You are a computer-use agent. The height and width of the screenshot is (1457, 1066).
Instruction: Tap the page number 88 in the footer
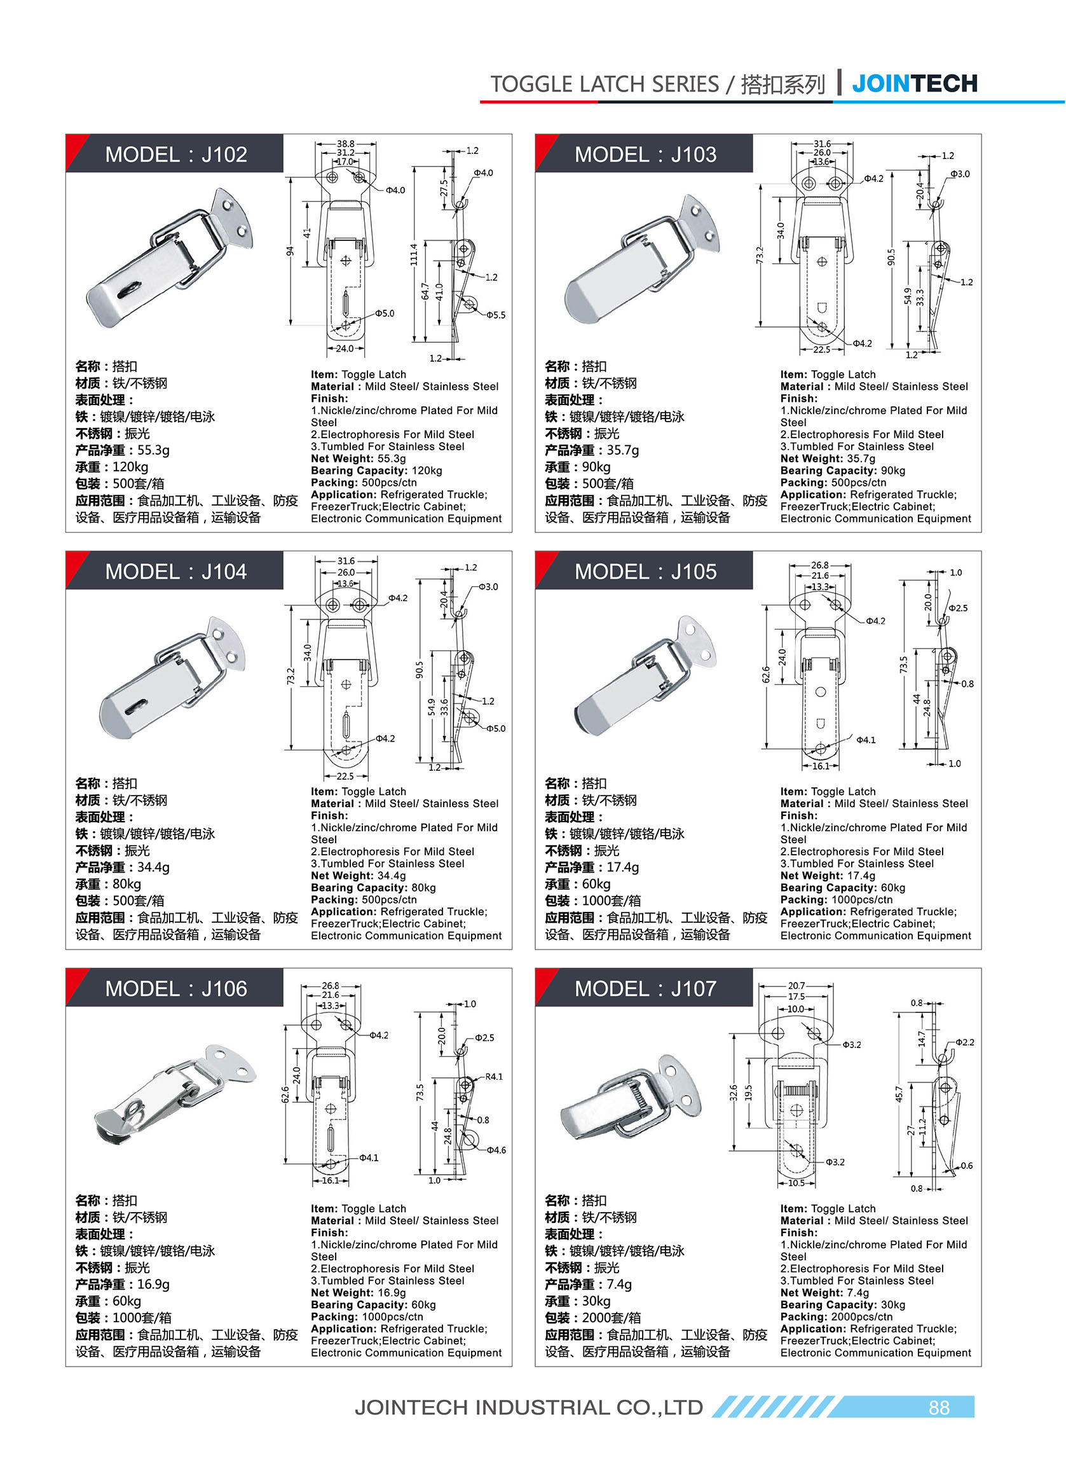(938, 1407)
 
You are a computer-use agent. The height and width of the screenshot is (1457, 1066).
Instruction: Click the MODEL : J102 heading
(175, 155)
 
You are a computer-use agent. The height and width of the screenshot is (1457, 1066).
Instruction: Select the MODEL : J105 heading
(645, 571)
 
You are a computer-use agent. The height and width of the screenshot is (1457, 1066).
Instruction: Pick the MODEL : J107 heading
(645, 988)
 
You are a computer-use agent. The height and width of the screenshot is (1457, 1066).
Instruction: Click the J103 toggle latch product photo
(643, 261)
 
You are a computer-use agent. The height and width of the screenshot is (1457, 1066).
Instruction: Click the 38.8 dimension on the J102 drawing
(345, 144)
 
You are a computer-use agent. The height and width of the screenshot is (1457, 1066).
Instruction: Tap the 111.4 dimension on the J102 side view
(414, 254)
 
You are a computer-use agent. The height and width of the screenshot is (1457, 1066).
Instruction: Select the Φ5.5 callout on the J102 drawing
(496, 315)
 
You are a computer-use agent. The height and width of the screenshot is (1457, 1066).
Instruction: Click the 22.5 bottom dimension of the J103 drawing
(821, 349)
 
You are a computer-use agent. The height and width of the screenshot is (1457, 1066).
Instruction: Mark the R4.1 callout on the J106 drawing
(494, 1076)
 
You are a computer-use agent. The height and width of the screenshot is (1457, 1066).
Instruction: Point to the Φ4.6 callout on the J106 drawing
(496, 1150)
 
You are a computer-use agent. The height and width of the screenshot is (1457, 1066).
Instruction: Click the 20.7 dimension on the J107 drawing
(796, 985)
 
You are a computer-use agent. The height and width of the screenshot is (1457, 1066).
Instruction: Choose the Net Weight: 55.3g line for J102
(358, 459)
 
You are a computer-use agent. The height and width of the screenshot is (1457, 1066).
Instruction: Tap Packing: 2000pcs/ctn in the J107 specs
(836, 1316)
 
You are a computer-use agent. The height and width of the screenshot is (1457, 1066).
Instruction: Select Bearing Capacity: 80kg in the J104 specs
(373, 887)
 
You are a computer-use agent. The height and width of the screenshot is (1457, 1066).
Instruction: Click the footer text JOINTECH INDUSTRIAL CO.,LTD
(528, 1407)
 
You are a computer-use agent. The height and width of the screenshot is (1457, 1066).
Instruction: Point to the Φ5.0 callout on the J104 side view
(496, 728)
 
